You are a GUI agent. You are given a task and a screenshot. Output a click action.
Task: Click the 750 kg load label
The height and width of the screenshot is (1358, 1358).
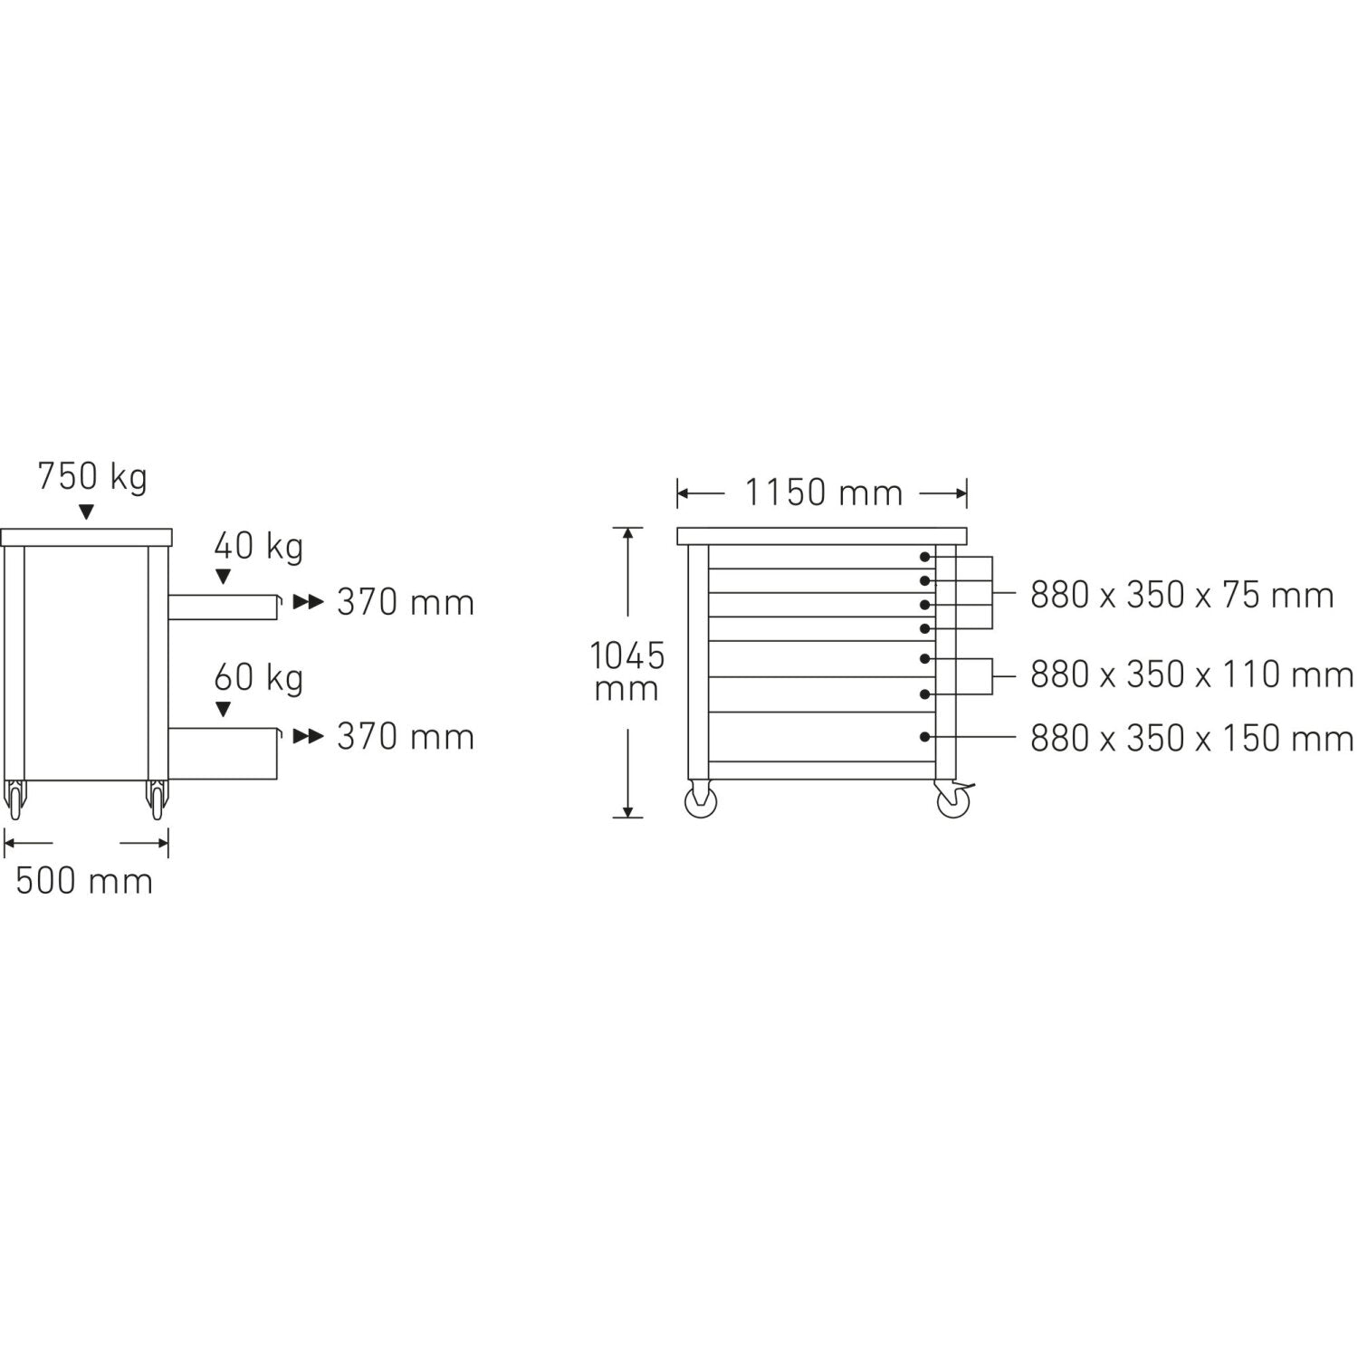(92, 477)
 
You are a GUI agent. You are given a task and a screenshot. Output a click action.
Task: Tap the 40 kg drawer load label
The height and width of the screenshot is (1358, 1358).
(259, 546)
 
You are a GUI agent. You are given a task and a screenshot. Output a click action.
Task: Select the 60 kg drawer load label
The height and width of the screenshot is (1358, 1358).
(259, 678)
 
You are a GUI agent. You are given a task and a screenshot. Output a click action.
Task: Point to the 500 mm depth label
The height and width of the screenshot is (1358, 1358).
(84, 881)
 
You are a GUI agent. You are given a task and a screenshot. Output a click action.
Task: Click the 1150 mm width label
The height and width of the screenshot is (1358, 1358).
(824, 493)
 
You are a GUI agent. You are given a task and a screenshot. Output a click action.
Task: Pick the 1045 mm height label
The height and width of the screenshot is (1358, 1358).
(626, 671)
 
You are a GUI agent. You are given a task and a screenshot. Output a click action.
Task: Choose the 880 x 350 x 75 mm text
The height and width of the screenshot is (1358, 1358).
(1181, 596)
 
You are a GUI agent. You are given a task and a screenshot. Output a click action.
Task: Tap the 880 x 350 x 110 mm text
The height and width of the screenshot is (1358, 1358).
(1191, 674)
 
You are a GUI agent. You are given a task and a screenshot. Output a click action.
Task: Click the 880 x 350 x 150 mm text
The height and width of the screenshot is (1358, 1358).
(1191, 739)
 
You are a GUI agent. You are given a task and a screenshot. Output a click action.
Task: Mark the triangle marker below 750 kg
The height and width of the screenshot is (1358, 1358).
(86, 512)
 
